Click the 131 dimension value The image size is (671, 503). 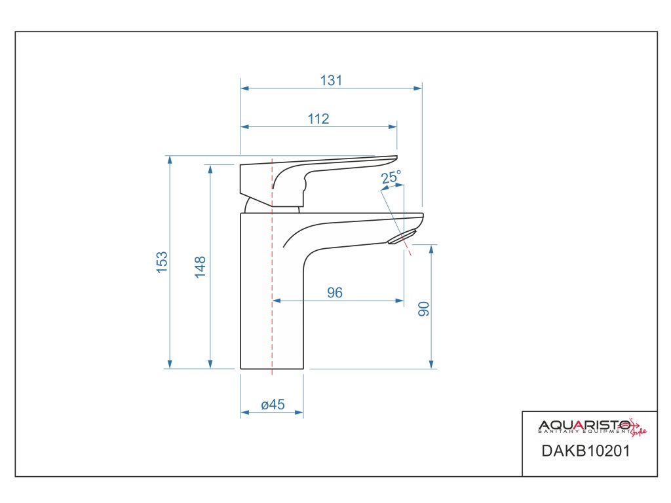pyautogui.click(x=332, y=81)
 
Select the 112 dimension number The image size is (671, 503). pyautogui.click(x=318, y=119)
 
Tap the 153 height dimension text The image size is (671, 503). pyautogui.click(x=162, y=262)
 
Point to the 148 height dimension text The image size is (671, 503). pyautogui.click(x=201, y=267)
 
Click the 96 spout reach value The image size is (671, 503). pyautogui.click(x=335, y=293)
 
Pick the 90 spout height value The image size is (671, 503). pyautogui.click(x=424, y=309)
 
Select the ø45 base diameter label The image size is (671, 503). pyautogui.click(x=273, y=405)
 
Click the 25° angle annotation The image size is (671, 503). pyautogui.click(x=391, y=177)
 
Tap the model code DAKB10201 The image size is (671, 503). pyautogui.click(x=585, y=451)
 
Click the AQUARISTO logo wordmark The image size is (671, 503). pyautogui.click(x=583, y=424)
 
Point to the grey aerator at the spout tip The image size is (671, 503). pyautogui.click(x=402, y=238)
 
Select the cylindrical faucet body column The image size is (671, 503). pyautogui.click(x=272, y=295)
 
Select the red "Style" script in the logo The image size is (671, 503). pyautogui.click(x=639, y=430)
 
